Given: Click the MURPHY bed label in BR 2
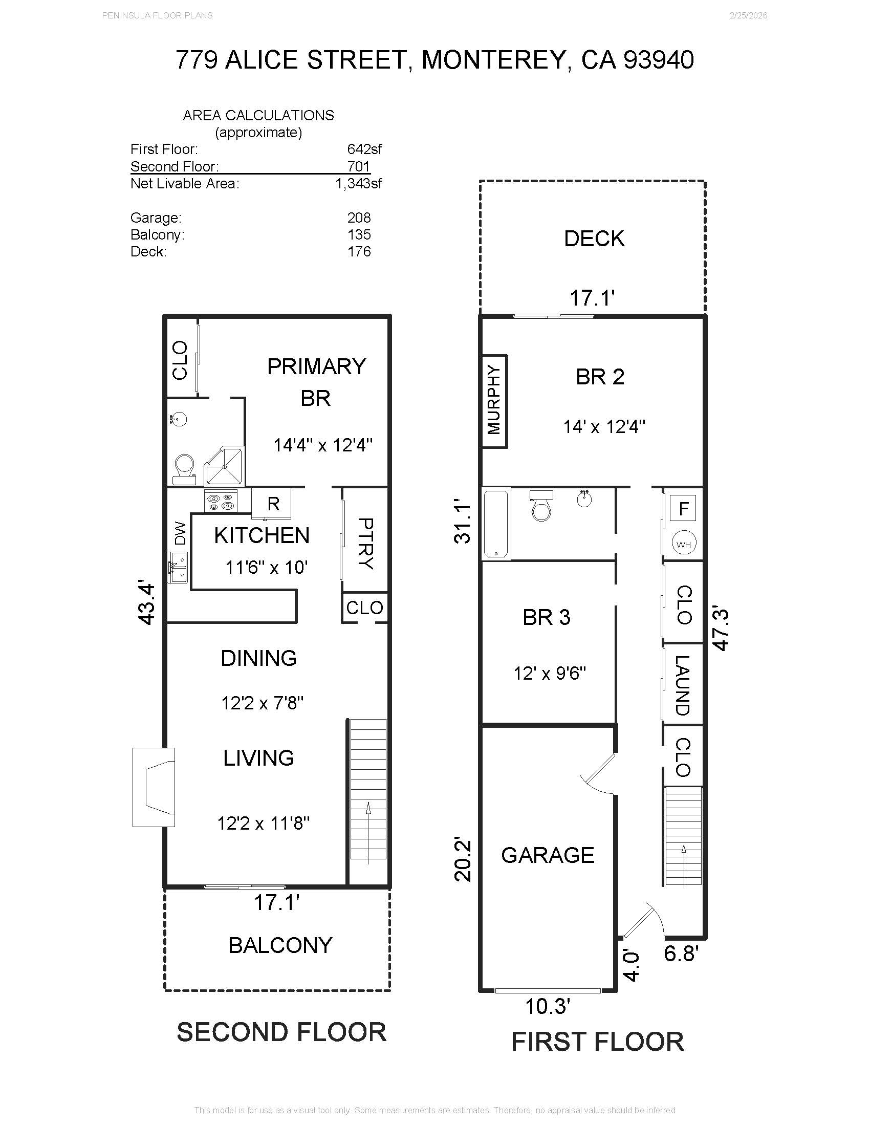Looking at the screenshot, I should (x=494, y=401).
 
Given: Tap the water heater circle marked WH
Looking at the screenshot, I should (x=683, y=544).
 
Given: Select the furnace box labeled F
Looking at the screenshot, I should (x=683, y=509).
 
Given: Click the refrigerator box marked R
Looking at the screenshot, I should (x=273, y=503).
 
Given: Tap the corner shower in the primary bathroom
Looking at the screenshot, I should (x=225, y=466).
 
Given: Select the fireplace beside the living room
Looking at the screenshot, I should (x=153, y=787).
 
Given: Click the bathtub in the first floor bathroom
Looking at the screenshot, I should (x=496, y=524).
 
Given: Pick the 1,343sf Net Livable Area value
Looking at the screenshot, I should (x=358, y=184).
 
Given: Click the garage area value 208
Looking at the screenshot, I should (x=359, y=218).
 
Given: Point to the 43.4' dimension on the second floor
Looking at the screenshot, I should (x=147, y=604).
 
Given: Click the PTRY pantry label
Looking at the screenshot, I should (x=365, y=544).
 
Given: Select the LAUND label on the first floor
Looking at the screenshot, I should (x=682, y=685).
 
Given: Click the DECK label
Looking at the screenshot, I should (x=594, y=239).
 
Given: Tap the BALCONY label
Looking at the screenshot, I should (x=280, y=945).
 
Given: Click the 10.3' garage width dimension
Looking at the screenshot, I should (x=548, y=1006).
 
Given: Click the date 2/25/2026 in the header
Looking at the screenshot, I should (x=748, y=15).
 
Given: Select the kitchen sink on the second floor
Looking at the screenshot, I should (x=179, y=567).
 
